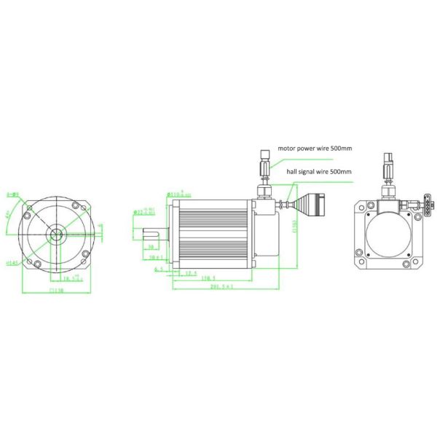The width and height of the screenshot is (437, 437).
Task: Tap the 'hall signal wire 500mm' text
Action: (319, 171)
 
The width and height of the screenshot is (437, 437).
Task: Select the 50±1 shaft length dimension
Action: (155, 258)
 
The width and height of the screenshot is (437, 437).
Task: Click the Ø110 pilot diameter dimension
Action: (175, 194)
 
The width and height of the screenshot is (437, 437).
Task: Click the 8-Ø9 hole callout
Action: (12, 194)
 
